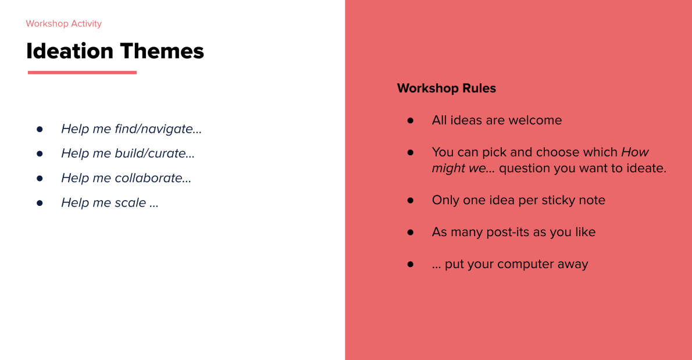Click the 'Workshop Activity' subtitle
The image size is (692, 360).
63,24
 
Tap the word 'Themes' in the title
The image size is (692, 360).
162,51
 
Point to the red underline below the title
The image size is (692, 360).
82,73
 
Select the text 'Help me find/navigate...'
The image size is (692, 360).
131,129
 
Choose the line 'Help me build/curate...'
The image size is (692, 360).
128,154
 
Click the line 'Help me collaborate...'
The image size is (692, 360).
126,178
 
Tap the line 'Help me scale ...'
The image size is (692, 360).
110,202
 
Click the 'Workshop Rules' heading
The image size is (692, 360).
446,88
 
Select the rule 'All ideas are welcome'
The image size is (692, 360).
497,120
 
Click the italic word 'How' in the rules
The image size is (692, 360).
635,152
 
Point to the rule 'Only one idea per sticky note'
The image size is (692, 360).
518,200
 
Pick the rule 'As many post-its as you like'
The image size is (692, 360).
513,232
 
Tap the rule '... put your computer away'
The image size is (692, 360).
510,264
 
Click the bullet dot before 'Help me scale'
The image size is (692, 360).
40,202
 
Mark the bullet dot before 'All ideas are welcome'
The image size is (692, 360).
411,120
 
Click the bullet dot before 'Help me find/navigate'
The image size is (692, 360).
40,129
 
